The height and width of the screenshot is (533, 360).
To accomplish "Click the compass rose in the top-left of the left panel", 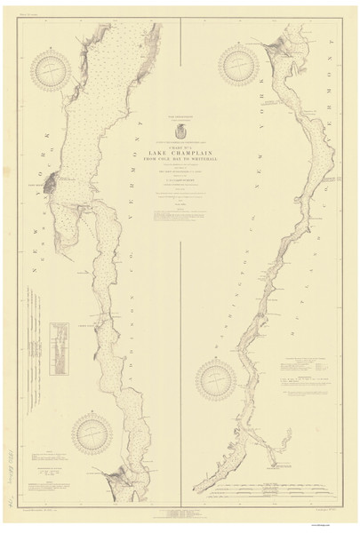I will click(52, 73).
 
